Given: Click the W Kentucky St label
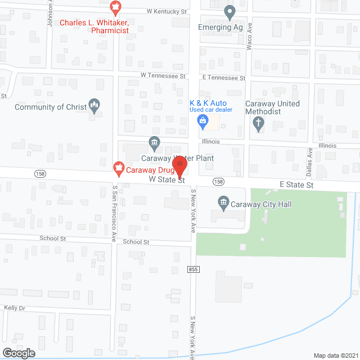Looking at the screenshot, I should (166, 11).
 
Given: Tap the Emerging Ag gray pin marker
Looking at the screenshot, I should (229, 11).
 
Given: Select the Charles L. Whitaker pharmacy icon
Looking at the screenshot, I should (115, 8).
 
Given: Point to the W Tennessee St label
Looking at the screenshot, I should (163, 75).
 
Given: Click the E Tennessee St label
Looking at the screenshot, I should (224, 78).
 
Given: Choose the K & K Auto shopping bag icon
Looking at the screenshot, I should (201, 125).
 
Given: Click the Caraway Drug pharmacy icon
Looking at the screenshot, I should (118, 167).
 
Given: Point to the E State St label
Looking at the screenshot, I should (296, 184).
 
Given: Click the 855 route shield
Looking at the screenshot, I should (193, 269).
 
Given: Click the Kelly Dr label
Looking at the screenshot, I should (15, 308).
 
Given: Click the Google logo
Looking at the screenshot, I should (18, 353).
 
